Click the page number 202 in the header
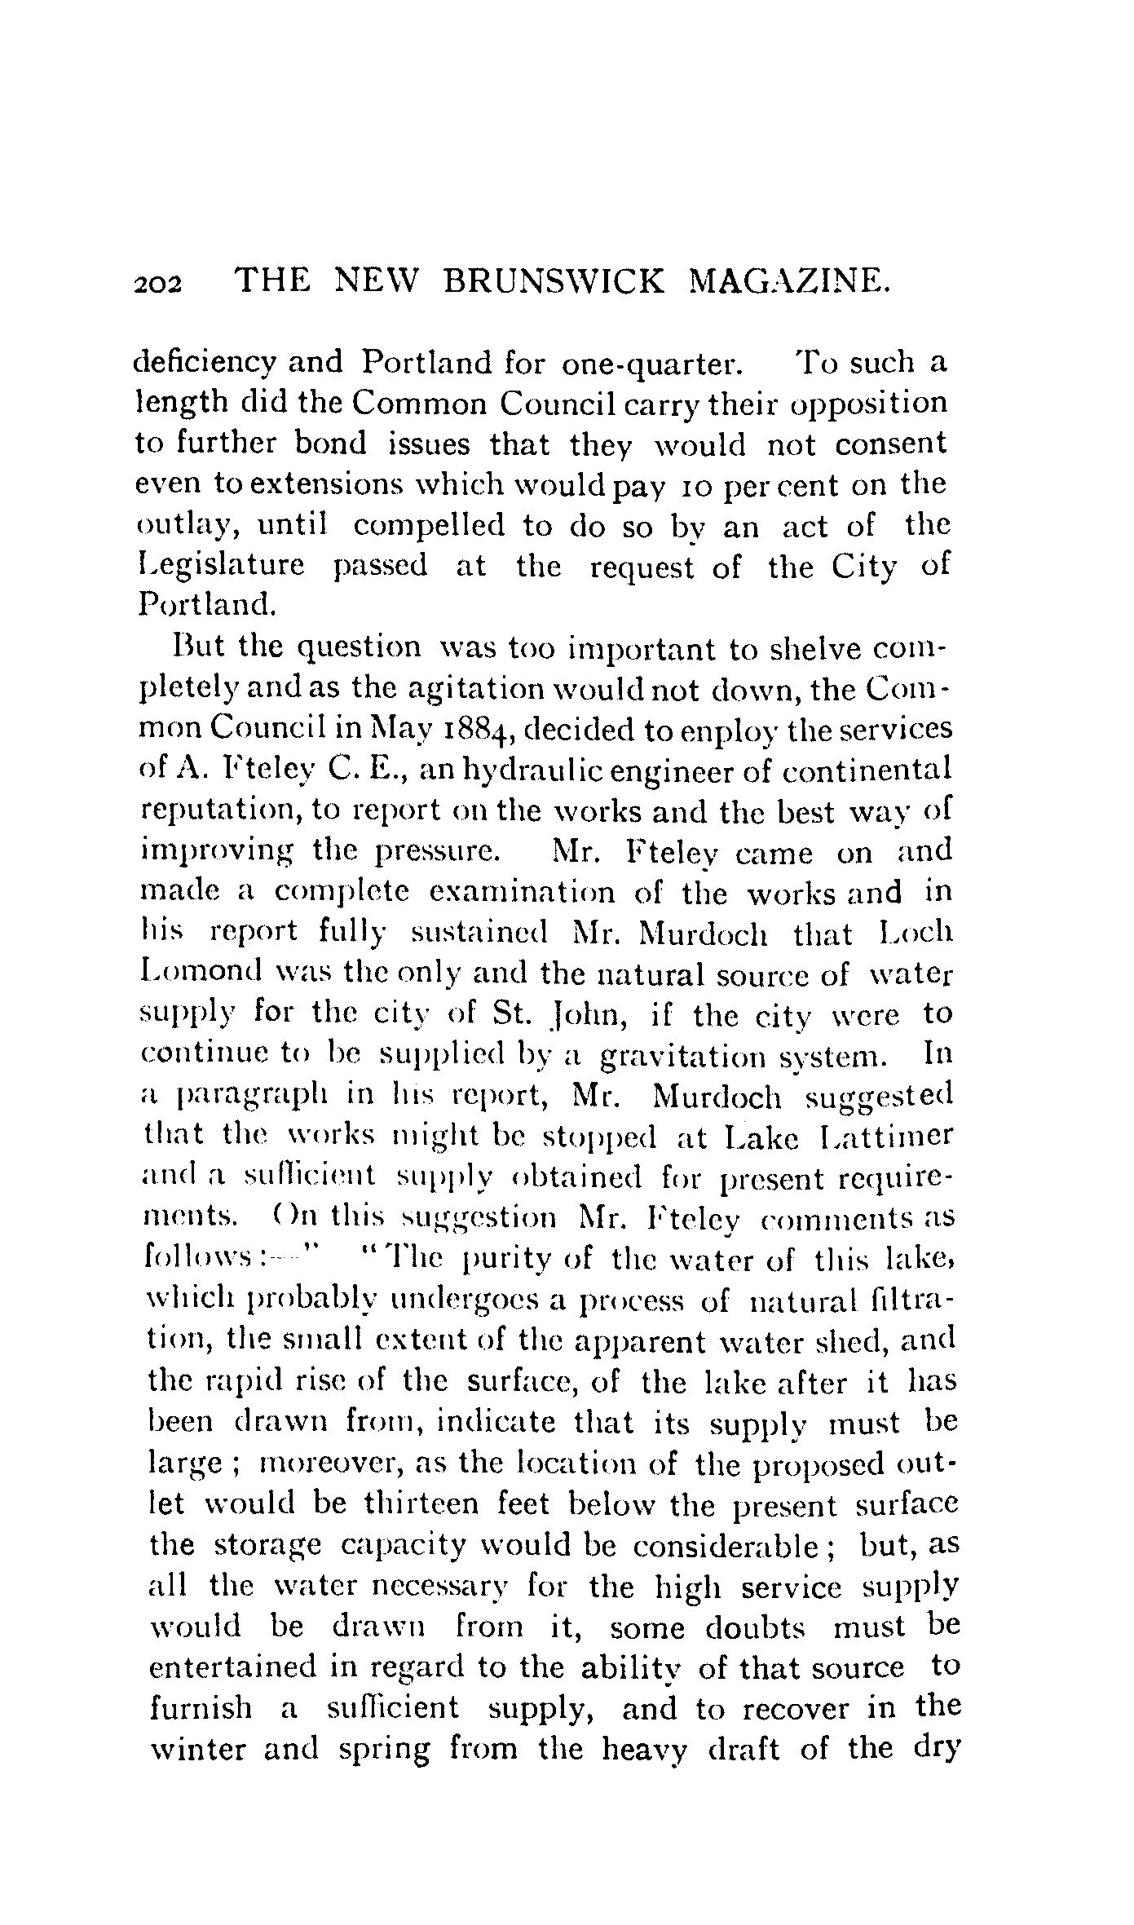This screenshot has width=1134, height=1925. (x=159, y=284)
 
